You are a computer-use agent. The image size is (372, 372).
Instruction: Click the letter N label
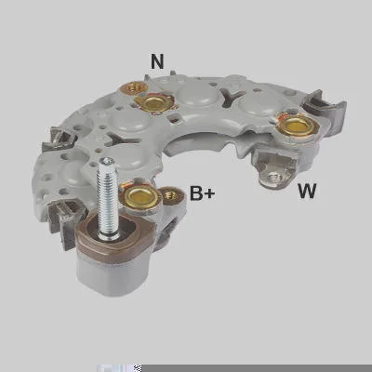[x=157, y=61]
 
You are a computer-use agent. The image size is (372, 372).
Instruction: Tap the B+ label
[x=202, y=193]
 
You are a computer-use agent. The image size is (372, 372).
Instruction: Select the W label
[x=307, y=191]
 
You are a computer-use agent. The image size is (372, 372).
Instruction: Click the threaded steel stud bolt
[x=107, y=198]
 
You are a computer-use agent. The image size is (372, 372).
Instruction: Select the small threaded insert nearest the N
[x=133, y=88]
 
